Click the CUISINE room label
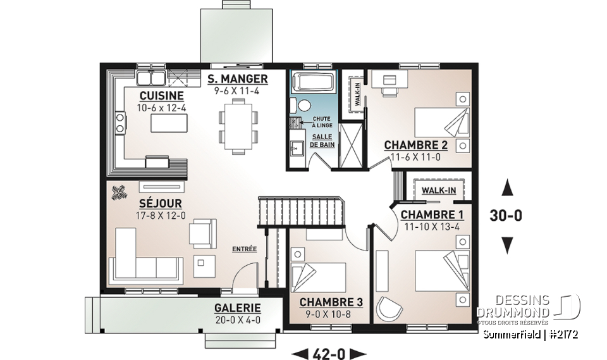pyautogui.click(x=162, y=96)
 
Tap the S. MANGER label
pyautogui.click(x=237, y=79)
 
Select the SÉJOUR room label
pyautogui.click(x=161, y=204)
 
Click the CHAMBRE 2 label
pyautogui.click(x=415, y=146)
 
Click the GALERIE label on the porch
pyautogui.click(x=238, y=308)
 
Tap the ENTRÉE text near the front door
pyautogui.click(x=244, y=249)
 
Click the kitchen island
pyautogui.click(x=166, y=123)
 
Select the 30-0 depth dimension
pyautogui.click(x=506, y=216)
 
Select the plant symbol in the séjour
pyautogui.click(x=118, y=193)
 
